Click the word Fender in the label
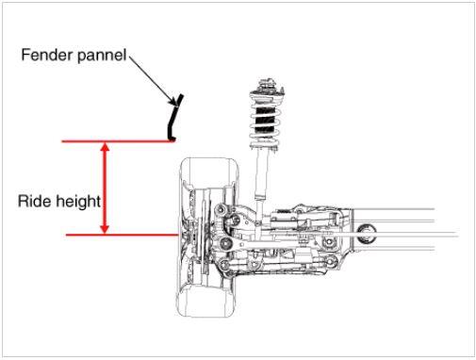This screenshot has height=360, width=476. pyautogui.click(x=47, y=55)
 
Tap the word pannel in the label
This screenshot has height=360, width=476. pyautogui.click(x=101, y=55)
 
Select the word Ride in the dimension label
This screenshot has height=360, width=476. pyautogui.click(x=33, y=201)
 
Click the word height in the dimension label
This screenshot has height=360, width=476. pyautogui.click(x=76, y=202)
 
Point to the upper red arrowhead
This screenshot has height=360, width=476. pyautogui.click(x=105, y=147)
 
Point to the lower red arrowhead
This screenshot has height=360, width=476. pyautogui.click(x=105, y=229)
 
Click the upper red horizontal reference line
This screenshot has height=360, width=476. pyautogui.click(x=118, y=141)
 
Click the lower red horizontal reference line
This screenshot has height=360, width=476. pyautogui.click(x=122, y=235)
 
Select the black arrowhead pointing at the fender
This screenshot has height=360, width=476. pyautogui.click(x=173, y=102)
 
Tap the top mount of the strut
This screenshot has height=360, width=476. pyautogui.click(x=267, y=85)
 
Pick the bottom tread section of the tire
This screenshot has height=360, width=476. pyautogui.click(x=205, y=301)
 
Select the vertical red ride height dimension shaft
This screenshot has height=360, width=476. pyautogui.click(x=105, y=188)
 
